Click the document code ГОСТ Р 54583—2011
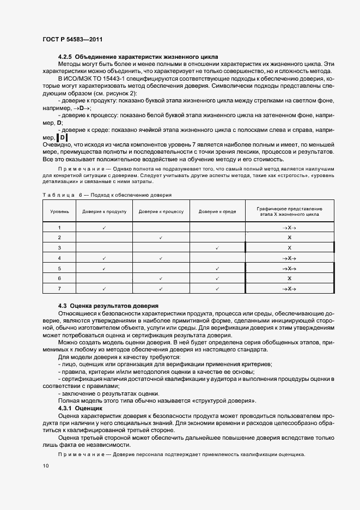(x=72, y=39)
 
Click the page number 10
(x=45, y=465)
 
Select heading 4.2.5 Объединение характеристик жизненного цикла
(x=138, y=57)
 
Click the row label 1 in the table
(x=59, y=227)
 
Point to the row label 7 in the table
(x=59, y=288)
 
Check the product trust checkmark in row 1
(x=103, y=227)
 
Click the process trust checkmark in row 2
(x=161, y=238)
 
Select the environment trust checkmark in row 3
(x=217, y=248)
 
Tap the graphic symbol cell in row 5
(x=290, y=268)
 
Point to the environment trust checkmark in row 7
(x=217, y=288)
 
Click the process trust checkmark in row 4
(x=161, y=258)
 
